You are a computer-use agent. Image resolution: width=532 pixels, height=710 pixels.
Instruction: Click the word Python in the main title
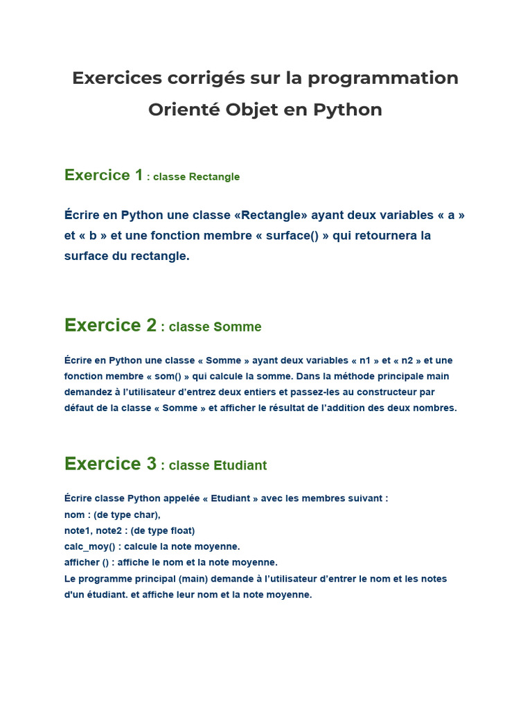point(348,110)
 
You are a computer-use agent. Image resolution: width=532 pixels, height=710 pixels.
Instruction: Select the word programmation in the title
point(383,78)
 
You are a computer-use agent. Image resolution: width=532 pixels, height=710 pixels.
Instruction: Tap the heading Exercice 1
point(103,175)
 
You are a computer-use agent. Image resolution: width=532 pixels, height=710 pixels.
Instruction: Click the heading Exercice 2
point(111,325)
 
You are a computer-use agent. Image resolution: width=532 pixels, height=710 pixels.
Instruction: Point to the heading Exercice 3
point(111,464)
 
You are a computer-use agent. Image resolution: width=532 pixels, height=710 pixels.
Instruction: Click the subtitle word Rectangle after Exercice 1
point(214,177)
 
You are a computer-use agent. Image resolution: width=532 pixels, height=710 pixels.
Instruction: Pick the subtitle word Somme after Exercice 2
point(238,327)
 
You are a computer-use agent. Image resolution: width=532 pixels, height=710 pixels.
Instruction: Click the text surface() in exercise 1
point(293,236)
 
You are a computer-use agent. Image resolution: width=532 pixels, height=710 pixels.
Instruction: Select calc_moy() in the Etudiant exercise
point(89,546)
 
